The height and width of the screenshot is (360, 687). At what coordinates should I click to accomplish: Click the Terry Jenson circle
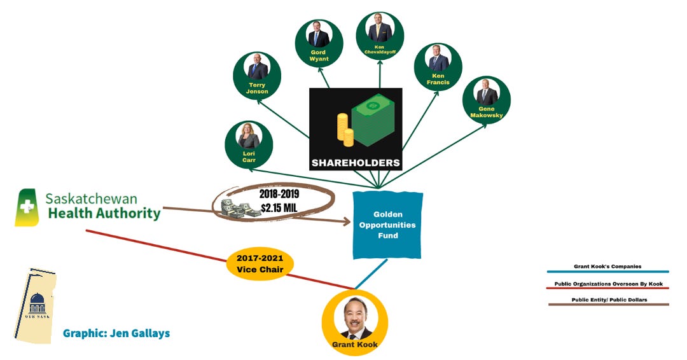257,76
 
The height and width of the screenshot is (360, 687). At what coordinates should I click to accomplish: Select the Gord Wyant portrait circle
318,43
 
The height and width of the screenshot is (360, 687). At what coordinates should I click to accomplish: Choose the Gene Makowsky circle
487,100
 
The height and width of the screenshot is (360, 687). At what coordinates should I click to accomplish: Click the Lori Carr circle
249,144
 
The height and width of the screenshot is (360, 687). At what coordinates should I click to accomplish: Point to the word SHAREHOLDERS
356,163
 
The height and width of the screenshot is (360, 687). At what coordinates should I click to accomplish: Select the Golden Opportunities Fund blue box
387,225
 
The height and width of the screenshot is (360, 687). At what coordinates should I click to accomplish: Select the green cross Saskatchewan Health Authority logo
27,207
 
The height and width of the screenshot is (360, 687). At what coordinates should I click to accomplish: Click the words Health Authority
104,214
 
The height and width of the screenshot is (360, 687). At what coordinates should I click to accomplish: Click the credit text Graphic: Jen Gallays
116,333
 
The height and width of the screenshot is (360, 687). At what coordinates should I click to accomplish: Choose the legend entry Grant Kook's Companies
608,267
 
